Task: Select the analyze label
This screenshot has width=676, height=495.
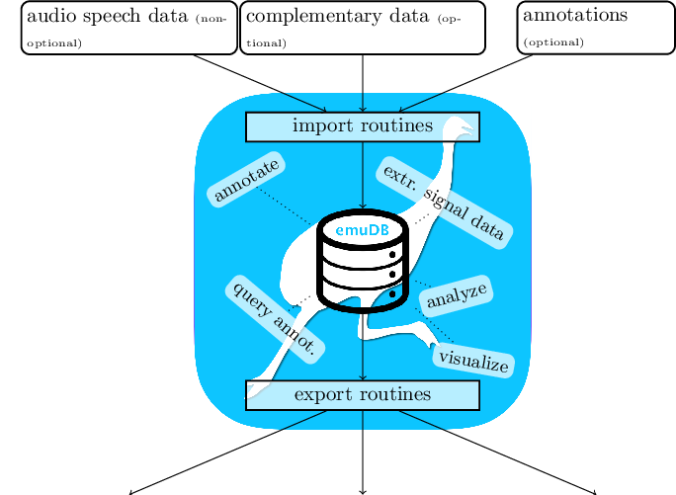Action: click(457, 293)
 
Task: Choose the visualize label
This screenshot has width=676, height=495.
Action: click(473, 360)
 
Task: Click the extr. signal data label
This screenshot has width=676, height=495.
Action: click(443, 203)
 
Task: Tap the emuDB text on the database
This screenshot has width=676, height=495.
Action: click(362, 230)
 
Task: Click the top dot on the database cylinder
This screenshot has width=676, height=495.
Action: click(392, 255)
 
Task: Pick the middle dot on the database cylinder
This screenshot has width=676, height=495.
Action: click(392, 274)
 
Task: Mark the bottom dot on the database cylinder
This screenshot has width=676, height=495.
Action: click(392, 293)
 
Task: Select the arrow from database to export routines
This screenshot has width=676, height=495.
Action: click(363, 346)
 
